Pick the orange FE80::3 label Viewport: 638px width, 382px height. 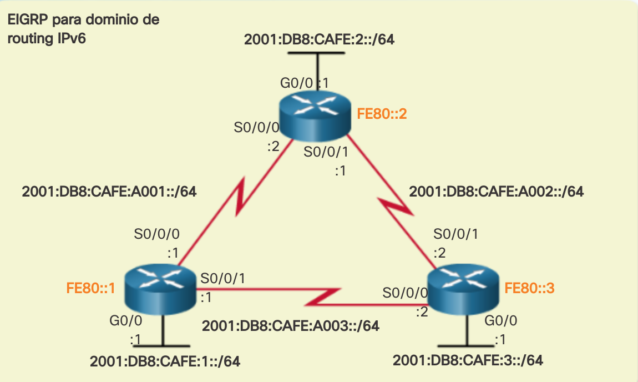[530, 288]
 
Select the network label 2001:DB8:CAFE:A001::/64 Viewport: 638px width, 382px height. [110, 192]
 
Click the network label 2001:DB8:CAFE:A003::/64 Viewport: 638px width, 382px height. [291, 326]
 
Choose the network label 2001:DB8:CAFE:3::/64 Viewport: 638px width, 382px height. [468, 360]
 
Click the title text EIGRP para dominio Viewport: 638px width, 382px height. [83, 21]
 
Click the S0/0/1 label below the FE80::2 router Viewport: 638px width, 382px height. [326, 151]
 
